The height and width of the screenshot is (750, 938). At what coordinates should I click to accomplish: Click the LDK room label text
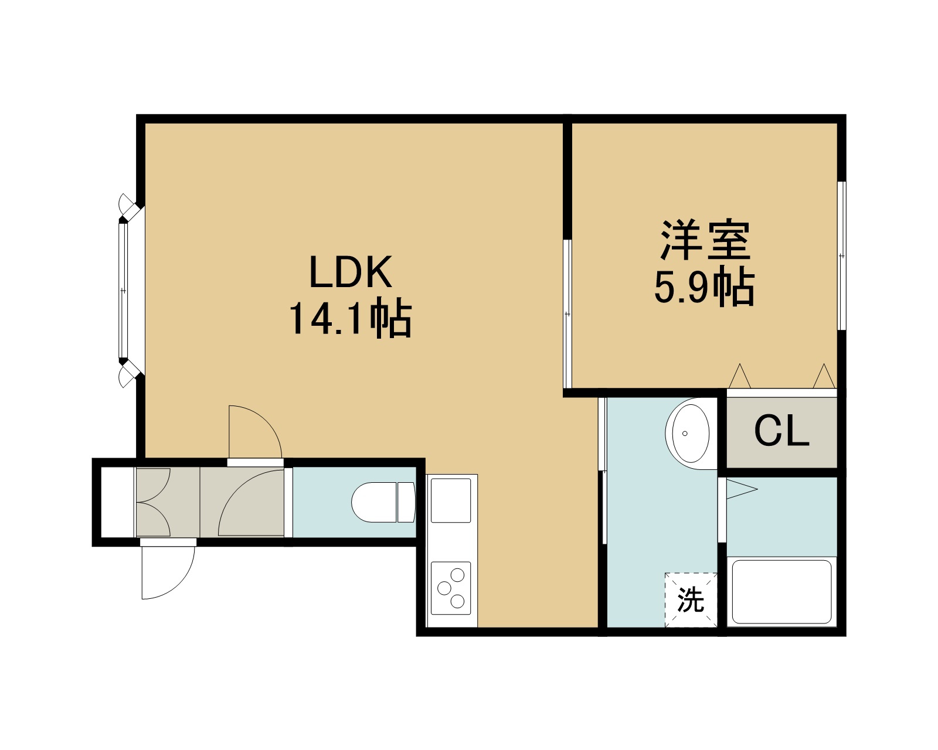pos(351,272)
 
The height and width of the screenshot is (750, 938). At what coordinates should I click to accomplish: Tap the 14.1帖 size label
pos(351,319)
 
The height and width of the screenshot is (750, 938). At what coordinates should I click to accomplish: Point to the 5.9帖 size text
pos(704,287)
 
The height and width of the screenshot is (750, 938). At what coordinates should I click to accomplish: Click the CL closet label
pos(781,431)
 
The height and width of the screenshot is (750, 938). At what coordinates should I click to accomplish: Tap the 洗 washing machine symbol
pos(691,600)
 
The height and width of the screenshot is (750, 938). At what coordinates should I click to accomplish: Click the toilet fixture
pos(383,502)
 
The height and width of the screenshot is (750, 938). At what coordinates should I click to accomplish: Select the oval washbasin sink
pos(691,434)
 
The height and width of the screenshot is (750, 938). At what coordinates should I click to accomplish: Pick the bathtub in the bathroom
pos(781,592)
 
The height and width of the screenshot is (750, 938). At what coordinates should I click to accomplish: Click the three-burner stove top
pos(451,588)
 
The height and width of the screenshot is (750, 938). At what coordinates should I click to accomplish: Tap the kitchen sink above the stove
pos(451,500)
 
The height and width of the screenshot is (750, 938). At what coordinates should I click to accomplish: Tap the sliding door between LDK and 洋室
pos(567,314)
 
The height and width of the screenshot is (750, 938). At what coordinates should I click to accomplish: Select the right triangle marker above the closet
pos(824,376)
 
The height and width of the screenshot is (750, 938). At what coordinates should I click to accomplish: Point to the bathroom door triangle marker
pos(742,489)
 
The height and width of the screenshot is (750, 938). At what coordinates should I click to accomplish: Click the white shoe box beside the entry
pos(117,502)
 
